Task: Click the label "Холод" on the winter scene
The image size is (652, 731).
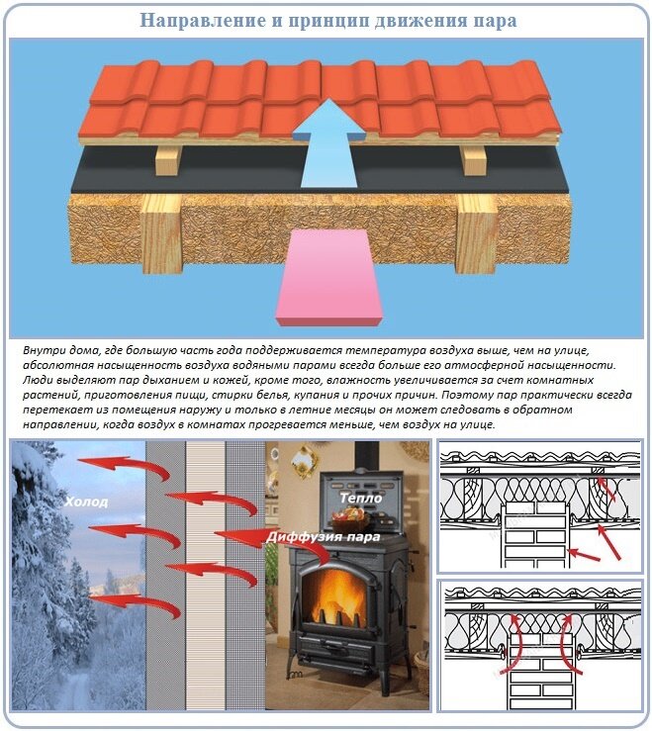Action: [x=86, y=503]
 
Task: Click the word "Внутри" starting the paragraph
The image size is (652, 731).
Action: [x=42, y=351]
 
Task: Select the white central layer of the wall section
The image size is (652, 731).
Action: [x=205, y=574]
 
